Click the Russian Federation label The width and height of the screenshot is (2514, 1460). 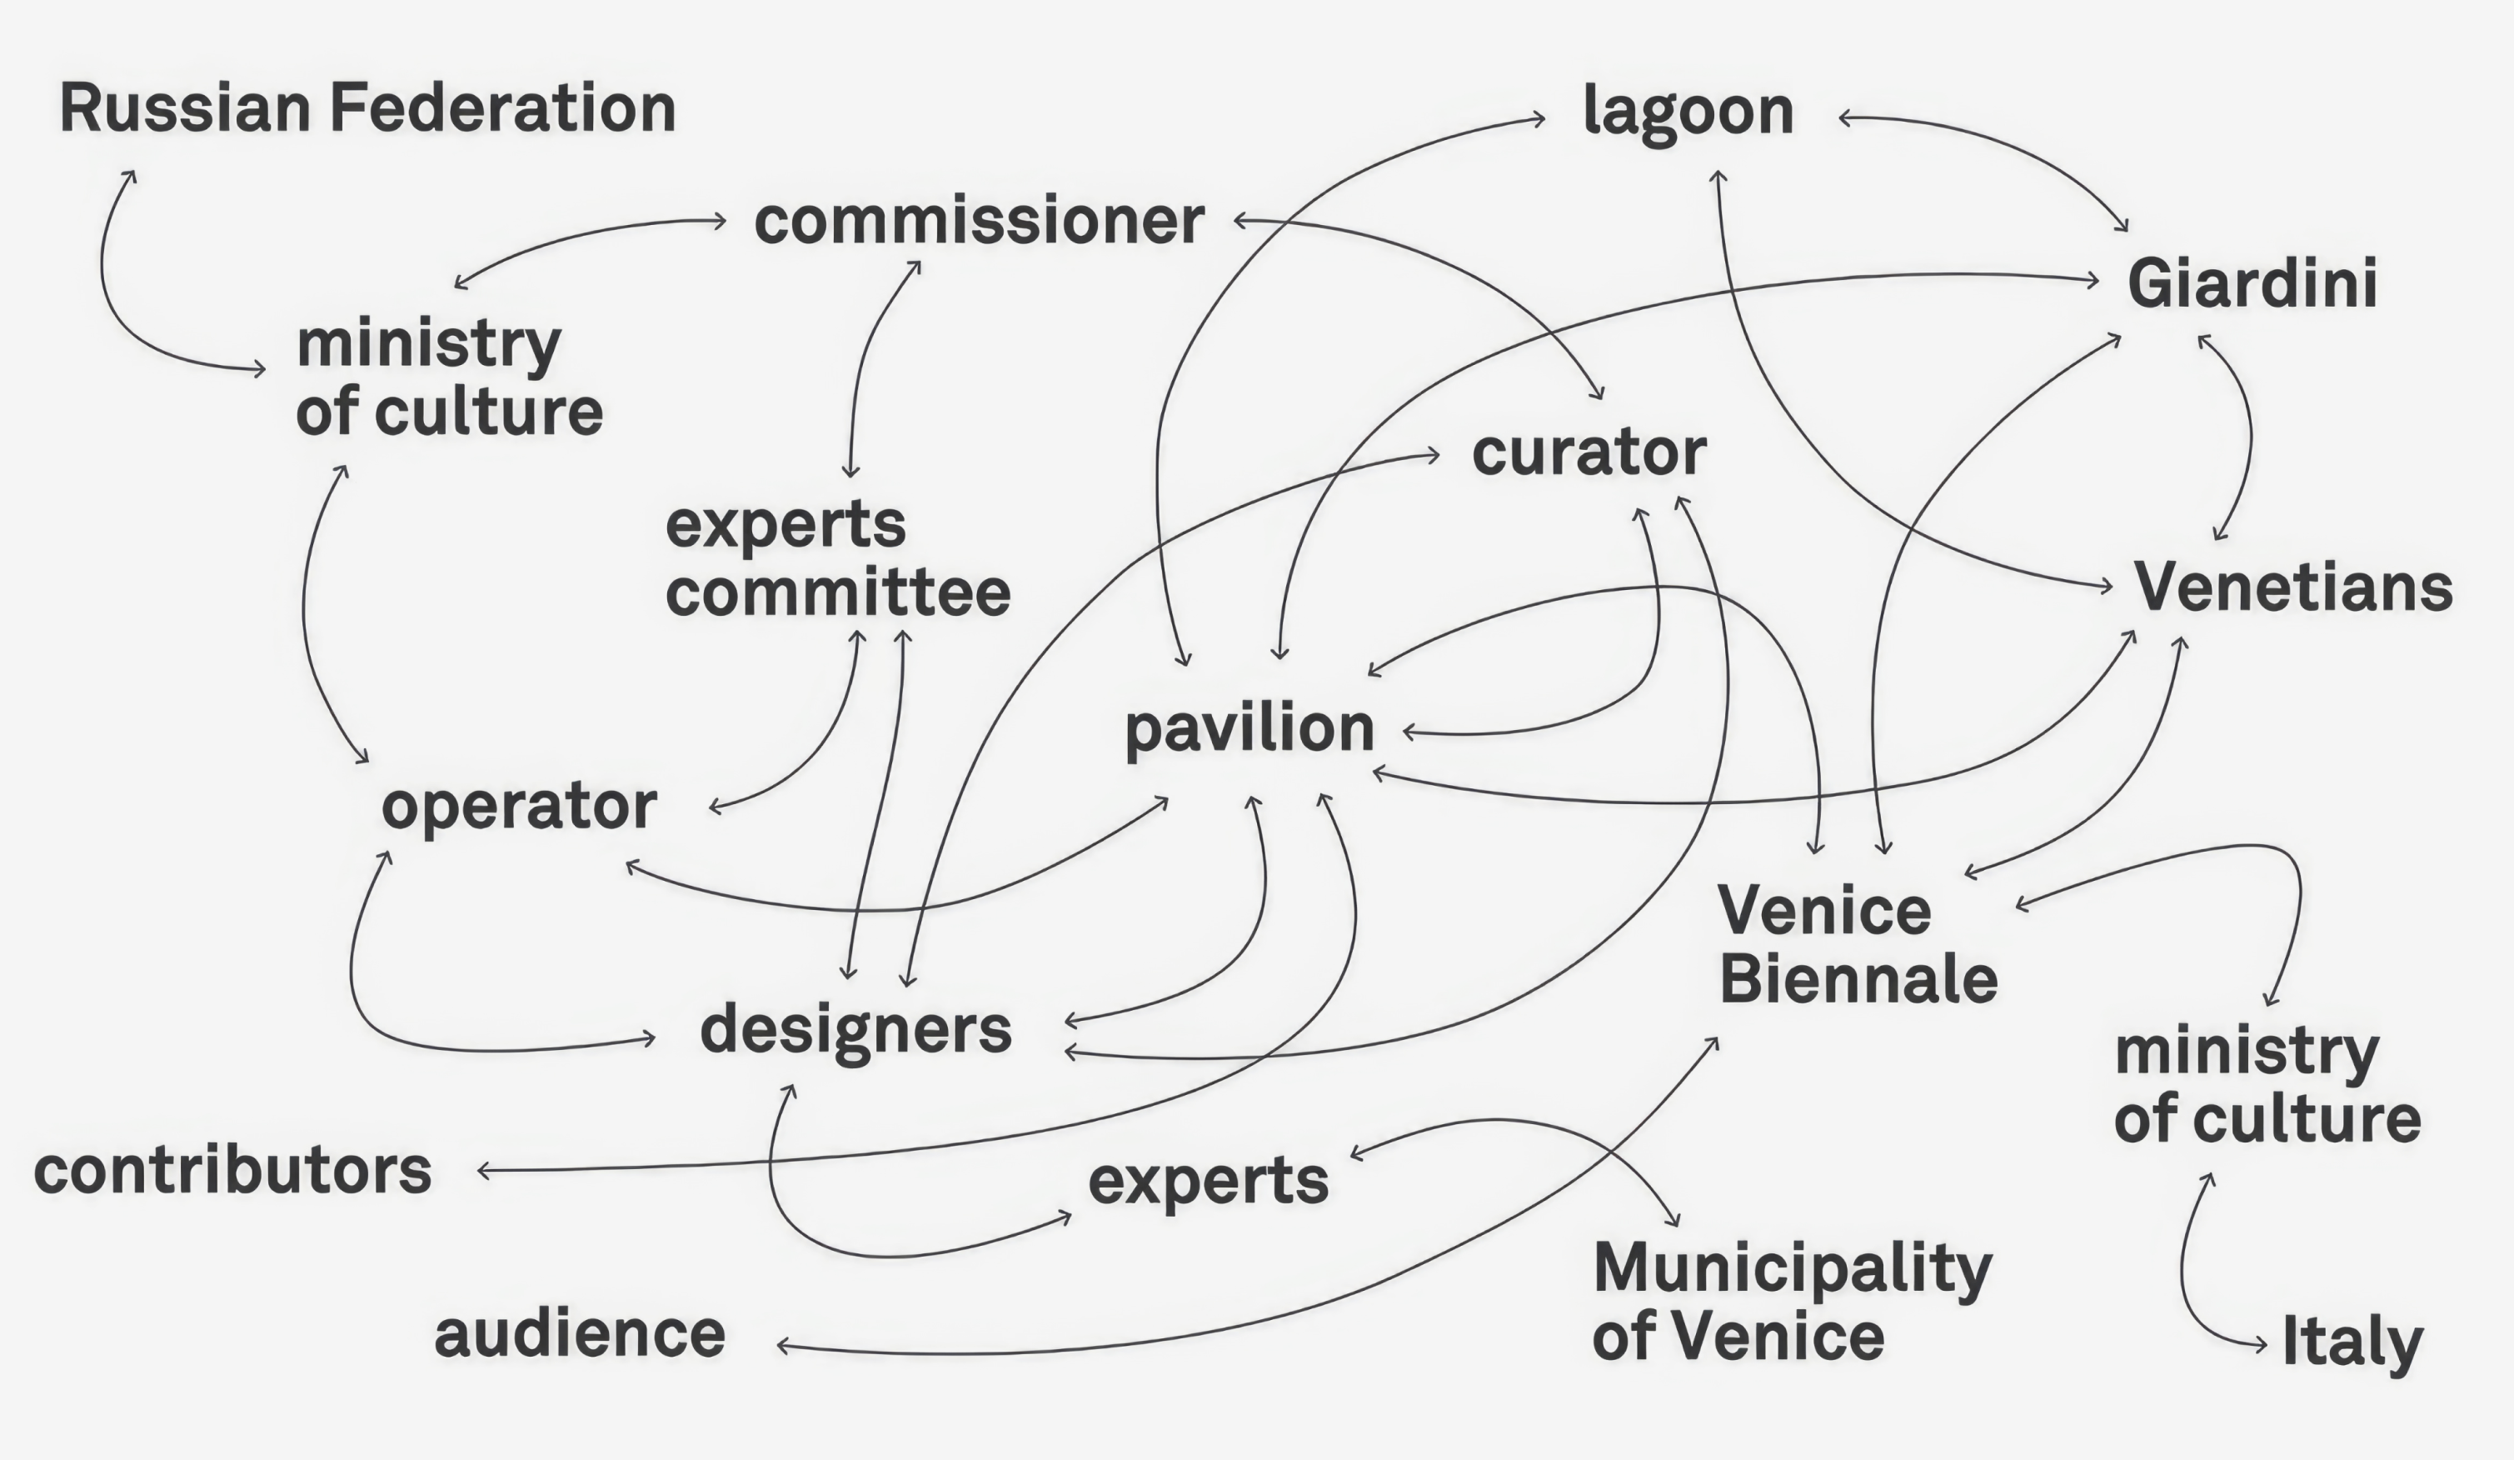[x=368, y=107]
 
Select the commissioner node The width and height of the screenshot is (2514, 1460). [x=979, y=221]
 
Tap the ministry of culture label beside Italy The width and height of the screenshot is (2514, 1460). [x=2267, y=1085]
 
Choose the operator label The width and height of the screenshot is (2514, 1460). [x=519, y=807]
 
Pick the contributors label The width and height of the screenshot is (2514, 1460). [x=232, y=1171]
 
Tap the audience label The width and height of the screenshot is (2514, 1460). [x=580, y=1334]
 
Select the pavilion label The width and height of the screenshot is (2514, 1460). [x=1249, y=728]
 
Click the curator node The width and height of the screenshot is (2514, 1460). [x=1589, y=453]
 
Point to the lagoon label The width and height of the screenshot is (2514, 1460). [x=1688, y=112]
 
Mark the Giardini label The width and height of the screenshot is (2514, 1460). [x=2252, y=282]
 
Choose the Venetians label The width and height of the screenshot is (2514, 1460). [x=2292, y=587]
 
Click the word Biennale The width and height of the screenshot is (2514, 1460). [x=1858, y=979]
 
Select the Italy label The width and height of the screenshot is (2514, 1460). [x=2352, y=1342]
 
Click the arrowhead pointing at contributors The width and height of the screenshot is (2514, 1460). [x=485, y=1171]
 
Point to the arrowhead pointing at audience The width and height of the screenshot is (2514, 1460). [x=784, y=1346]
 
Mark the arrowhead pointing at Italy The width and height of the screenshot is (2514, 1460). [x=2260, y=1345]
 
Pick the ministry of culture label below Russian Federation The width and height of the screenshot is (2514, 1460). [x=449, y=378]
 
